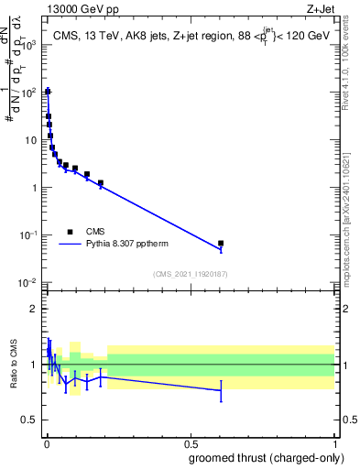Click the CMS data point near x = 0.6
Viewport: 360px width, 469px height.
[x=221, y=244]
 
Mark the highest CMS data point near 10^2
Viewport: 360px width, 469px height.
[x=48, y=92]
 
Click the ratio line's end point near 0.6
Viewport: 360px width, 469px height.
[x=221, y=391]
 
